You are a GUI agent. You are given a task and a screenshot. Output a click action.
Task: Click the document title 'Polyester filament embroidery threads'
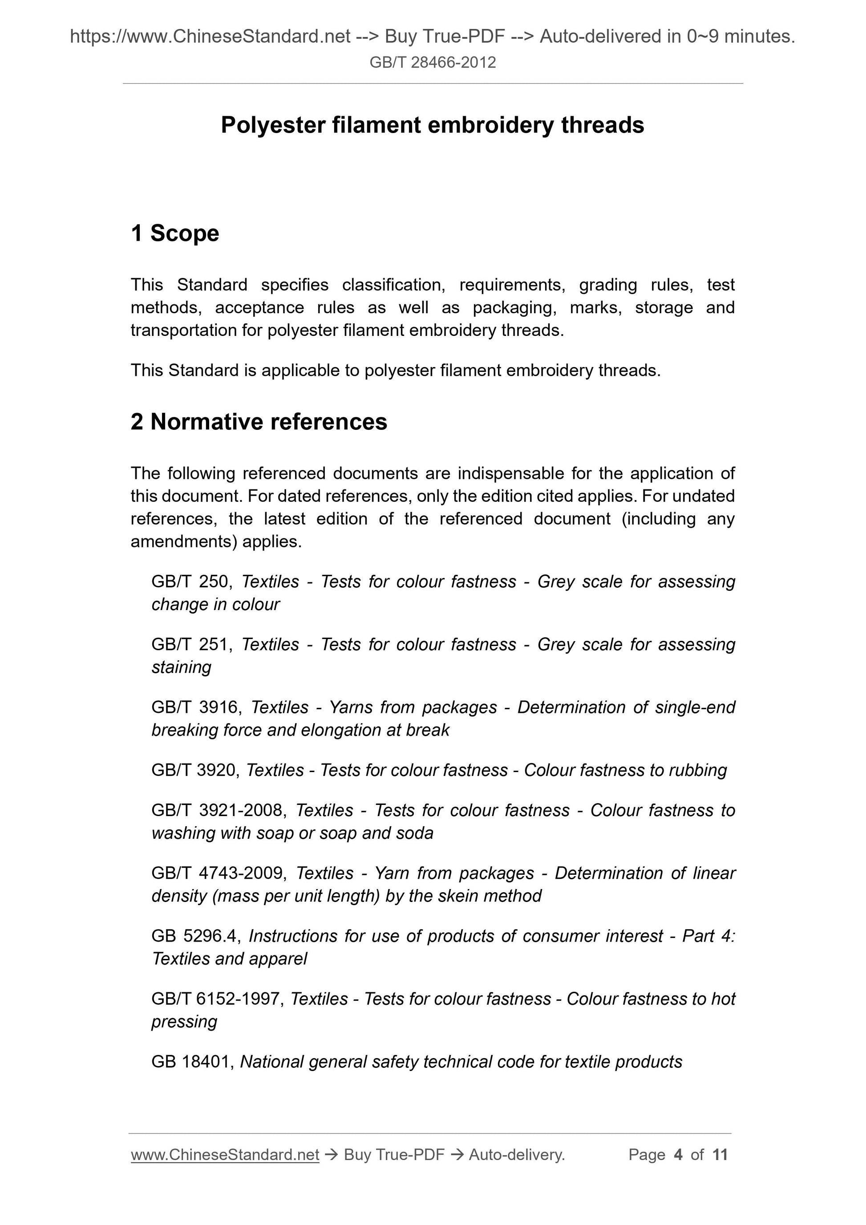432,125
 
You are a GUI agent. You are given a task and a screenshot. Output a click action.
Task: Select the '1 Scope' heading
174,234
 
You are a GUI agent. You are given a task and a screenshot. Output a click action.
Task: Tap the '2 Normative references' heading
259,422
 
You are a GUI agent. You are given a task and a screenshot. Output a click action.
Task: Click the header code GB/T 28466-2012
432,63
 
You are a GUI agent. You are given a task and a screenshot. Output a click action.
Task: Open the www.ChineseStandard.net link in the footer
225,1155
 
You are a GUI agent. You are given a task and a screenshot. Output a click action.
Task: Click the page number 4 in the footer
678,1155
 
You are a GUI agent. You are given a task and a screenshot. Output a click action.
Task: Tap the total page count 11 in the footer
720,1155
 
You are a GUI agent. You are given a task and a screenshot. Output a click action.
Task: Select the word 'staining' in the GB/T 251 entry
182,667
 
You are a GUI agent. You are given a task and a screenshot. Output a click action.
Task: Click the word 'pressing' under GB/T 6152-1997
184,1022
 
